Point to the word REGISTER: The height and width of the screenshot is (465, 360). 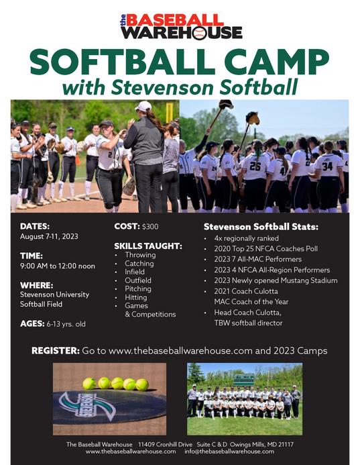tap(54, 351)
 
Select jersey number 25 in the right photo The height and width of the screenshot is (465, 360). tap(255, 165)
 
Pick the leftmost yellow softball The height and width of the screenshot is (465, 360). tap(88, 383)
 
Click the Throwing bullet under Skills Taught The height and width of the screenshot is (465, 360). tap(140, 255)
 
